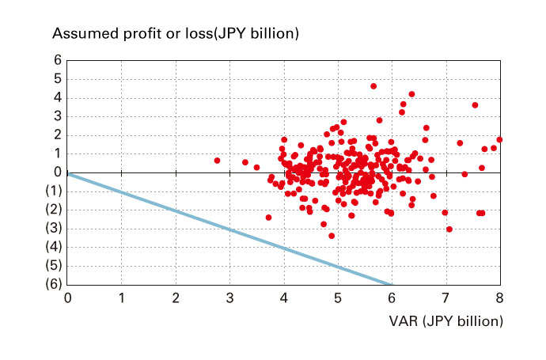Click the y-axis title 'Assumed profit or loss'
174,34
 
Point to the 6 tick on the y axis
58,60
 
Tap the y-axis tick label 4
58,97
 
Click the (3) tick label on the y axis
53,229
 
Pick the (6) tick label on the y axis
53,285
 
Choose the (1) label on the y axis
53,191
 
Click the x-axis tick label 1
122,298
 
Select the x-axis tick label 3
229,298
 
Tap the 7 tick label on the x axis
446,298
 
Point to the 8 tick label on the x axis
499,298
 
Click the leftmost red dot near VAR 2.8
217,161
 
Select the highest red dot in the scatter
373,86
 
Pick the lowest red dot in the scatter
332,236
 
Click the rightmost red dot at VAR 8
499,139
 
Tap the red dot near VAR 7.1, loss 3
449,229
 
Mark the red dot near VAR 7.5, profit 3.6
475,105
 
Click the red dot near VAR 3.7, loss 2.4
268,218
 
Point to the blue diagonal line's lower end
390,284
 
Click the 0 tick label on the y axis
58,172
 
